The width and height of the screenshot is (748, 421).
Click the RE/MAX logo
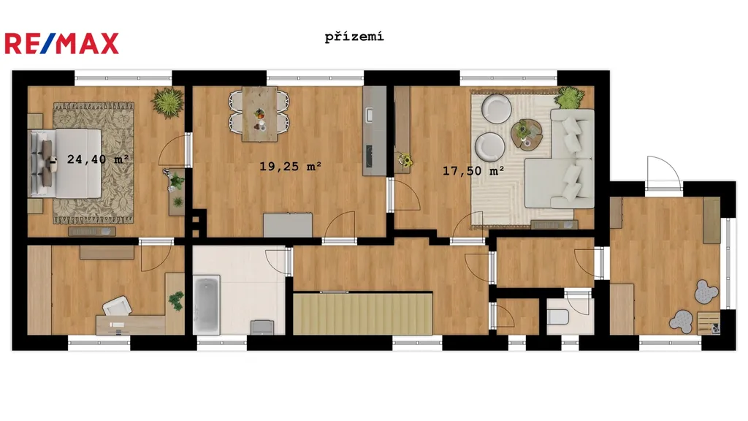[61, 43]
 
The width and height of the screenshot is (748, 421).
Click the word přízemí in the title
[354, 37]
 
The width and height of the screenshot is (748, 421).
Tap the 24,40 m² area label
[98, 159]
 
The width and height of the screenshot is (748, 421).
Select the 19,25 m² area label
[290, 166]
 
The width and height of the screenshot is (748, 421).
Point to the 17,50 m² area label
[473, 170]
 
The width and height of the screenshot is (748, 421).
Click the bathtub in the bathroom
[207, 305]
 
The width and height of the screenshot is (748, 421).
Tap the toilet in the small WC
[557, 316]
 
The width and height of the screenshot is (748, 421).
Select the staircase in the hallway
[362, 314]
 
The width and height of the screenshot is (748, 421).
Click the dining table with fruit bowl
[259, 114]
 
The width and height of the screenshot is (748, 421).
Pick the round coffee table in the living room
[527, 134]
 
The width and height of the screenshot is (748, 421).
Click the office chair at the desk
[118, 306]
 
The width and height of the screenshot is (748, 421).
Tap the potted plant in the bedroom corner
[167, 102]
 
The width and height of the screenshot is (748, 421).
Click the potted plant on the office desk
[176, 300]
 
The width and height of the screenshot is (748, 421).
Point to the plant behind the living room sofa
[569, 97]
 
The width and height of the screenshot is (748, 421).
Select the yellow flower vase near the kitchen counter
[405, 160]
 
